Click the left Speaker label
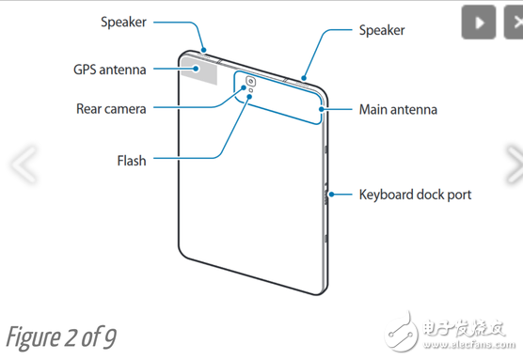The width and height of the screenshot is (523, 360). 123,23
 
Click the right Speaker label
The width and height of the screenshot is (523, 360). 382,30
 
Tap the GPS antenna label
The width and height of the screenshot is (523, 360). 110,70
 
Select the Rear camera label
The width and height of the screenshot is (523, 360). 111,109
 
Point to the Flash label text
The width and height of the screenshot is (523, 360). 132,161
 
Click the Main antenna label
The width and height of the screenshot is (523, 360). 398,110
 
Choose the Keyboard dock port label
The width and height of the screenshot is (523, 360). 415,195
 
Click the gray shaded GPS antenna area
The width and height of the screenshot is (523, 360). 199,70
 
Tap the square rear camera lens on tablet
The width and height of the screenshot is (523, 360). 250,81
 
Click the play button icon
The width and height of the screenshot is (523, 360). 478,23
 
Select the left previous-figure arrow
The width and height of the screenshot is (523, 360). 24,164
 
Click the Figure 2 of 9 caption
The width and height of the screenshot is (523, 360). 61,337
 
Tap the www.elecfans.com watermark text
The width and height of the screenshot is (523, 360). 469,344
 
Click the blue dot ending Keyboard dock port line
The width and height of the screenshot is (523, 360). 331,195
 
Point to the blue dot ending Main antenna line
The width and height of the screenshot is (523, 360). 322,109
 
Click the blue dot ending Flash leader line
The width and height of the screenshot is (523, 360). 249,96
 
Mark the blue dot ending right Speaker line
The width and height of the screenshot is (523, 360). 304,79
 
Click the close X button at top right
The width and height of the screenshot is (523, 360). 515,23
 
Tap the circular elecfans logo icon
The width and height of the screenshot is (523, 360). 401,331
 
